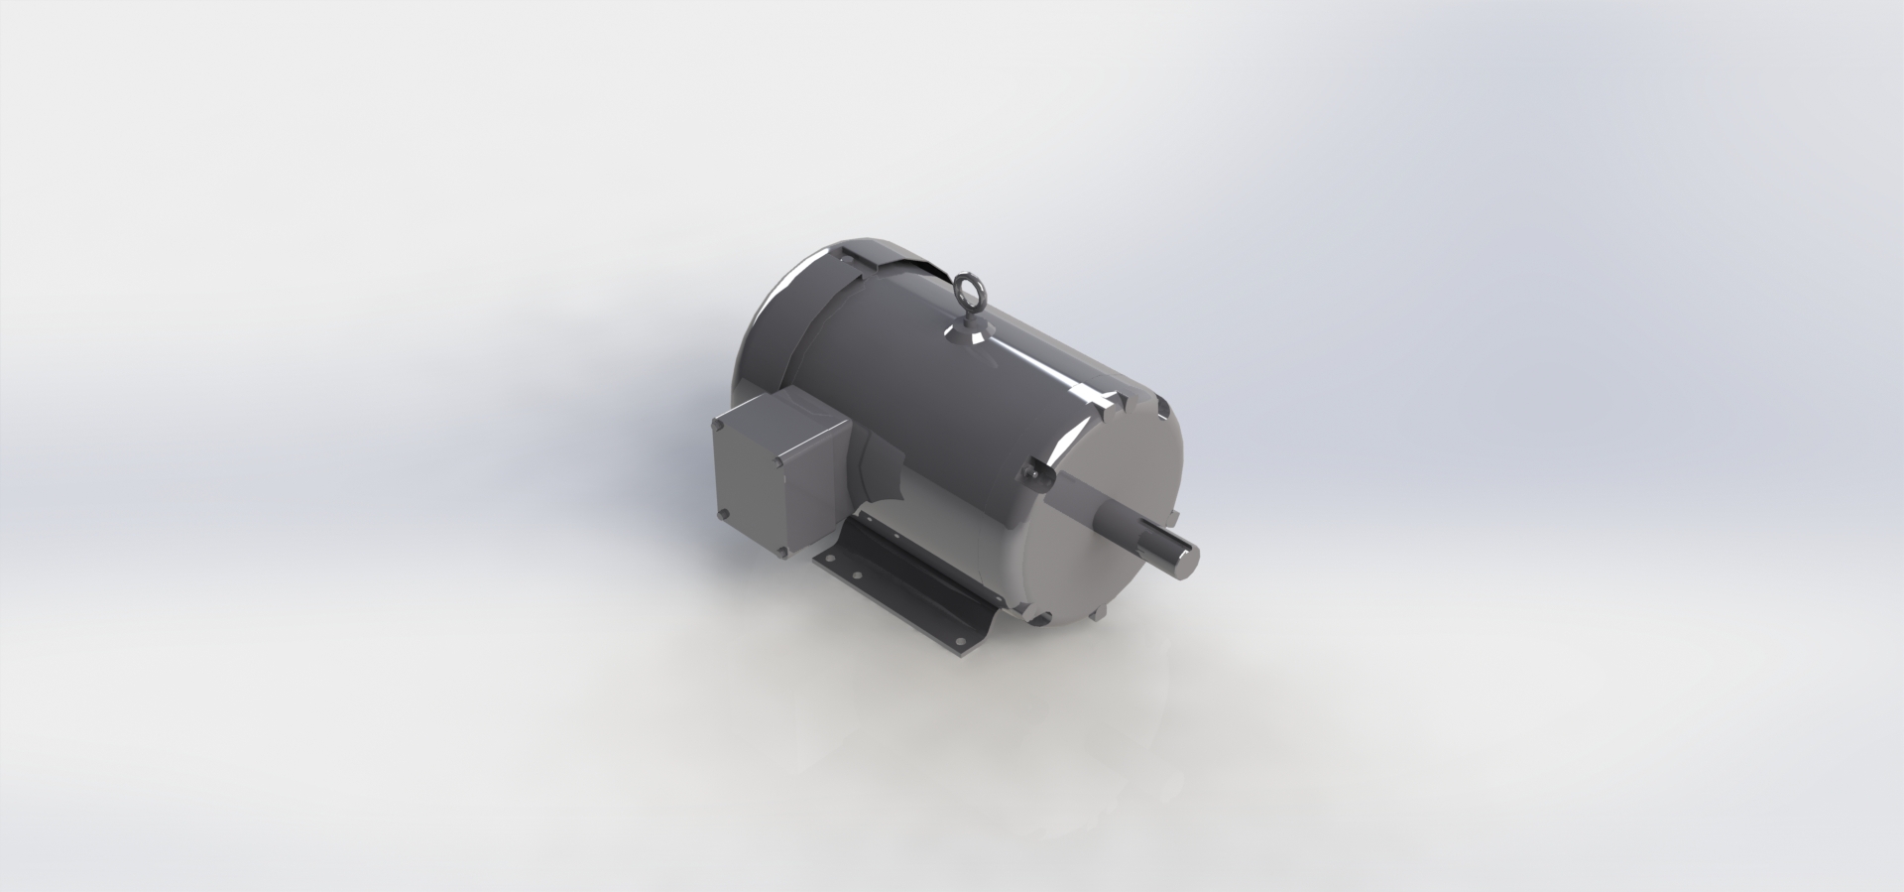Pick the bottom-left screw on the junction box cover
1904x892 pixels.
pyautogui.click(x=723, y=513)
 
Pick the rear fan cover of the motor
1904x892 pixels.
pyautogui.click(x=783, y=327)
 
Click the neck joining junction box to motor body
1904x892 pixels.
pyautogui.click(x=873, y=466)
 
